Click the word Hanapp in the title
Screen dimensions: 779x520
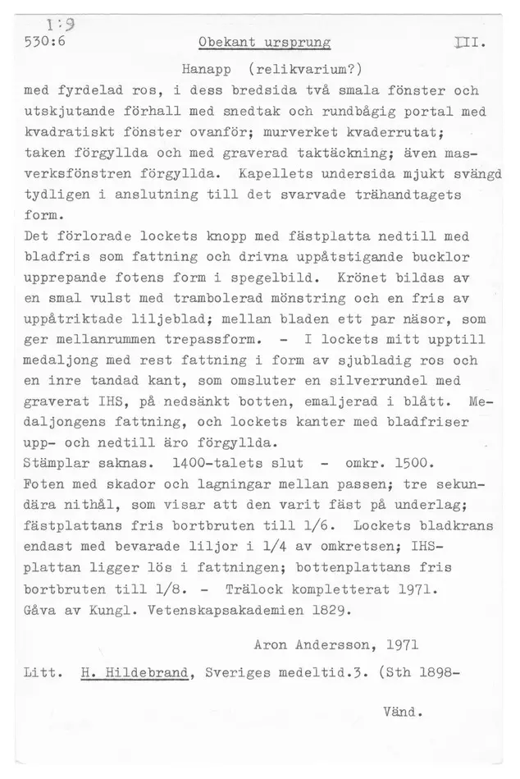208,66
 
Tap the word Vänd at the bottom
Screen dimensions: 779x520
401,713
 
